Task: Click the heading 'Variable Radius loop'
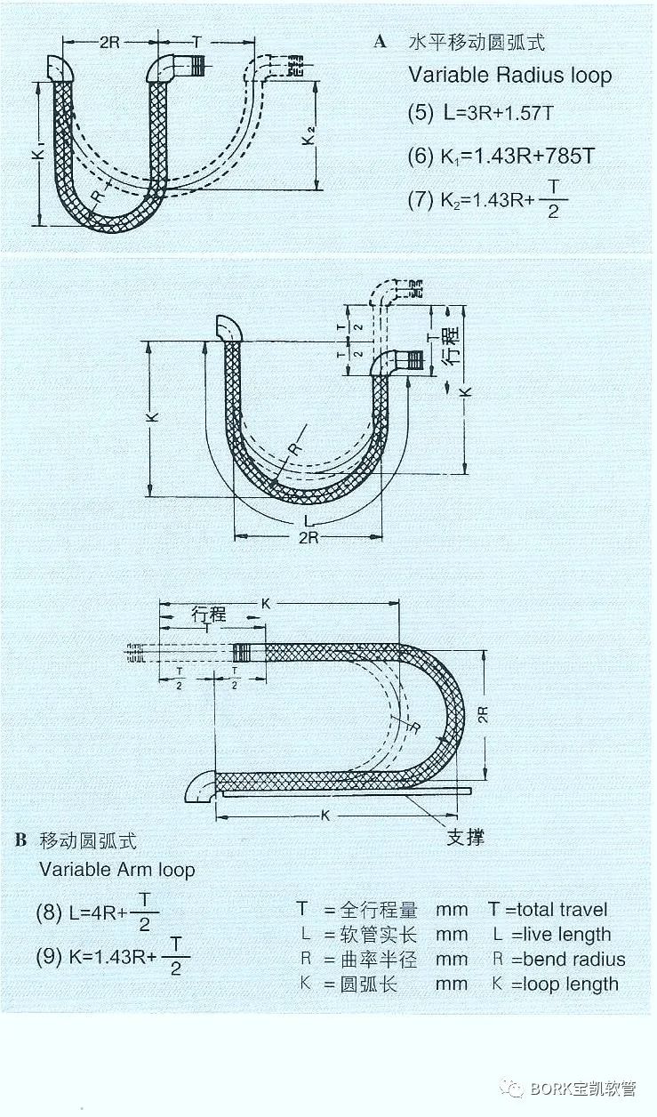[509, 75]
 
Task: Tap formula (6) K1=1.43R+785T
[501, 157]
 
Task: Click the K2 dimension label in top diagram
[309, 137]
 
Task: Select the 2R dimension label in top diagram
[109, 43]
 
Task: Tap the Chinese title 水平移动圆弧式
[476, 42]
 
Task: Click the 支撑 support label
[464, 837]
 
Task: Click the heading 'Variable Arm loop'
[116, 869]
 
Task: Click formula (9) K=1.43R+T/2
[113, 958]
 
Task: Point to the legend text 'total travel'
[562, 910]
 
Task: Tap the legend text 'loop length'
[570, 984]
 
